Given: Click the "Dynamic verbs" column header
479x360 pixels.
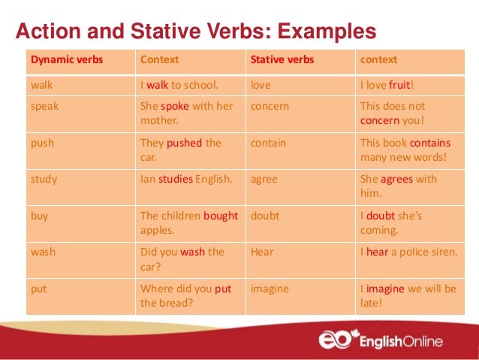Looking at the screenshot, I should pyautogui.click(x=67, y=59).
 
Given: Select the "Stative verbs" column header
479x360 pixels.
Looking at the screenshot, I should pyautogui.click(x=282, y=59).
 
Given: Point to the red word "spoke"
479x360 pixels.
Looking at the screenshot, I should pyautogui.click(x=174, y=106).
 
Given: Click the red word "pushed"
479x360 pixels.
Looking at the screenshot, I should pyautogui.click(x=184, y=143).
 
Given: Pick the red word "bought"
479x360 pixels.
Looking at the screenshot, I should pyautogui.click(x=220, y=216).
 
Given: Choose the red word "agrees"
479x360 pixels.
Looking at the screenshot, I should pyautogui.click(x=396, y=180).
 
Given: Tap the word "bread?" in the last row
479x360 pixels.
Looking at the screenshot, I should pyautogui.click(x=175, y=303).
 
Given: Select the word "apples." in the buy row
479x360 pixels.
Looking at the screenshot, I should pyautogui.click(x=158, y=230).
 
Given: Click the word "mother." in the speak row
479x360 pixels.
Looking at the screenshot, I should pyautogui.click(x=159, y=120).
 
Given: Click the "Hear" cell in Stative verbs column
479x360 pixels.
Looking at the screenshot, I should pyautogui.click(x=261, y=253).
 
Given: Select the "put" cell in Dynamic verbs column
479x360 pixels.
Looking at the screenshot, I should pyautogui.click(x=38, y=289).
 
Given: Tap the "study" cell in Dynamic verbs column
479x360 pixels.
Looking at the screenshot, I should pyautogui.click(x=44, y=180).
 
